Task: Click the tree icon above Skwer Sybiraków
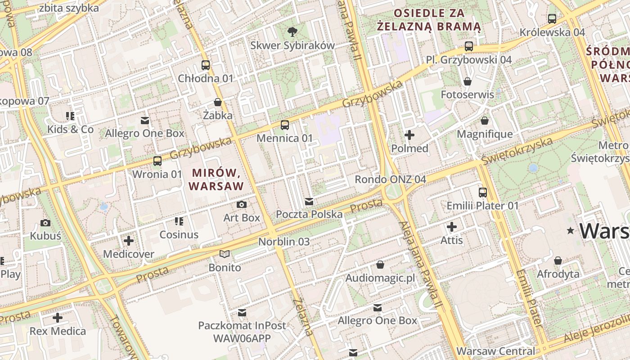click(x=292, y=31)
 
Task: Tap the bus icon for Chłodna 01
click(x=206, y=65)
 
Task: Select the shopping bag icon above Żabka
click(x=218, y=102)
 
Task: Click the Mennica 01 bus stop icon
click(x=284, y=125)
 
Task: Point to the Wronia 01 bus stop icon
click(x=157, y=161)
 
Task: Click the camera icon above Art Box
click(x=242, y=205)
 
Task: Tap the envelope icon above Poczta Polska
click(x=309, y=201)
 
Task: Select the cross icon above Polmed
click(x=409, y=135)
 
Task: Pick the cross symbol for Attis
click(x=452, y=227)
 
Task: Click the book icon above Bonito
click(x=225, y=254)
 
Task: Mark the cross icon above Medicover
click(x=129, y=241)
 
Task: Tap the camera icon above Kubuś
click(x=45, y=223)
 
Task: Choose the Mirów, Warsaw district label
click(x=216, y=179)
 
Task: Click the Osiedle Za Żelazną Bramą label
click(x=429, y=20)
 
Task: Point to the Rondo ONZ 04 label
click(x=390, y=180)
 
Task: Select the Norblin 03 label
click(x=284, y=242)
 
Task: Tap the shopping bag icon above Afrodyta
click(x=558, y=261)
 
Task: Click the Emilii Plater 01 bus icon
click(x=483, y=192)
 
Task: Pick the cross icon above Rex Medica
click(x=58, y=318)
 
